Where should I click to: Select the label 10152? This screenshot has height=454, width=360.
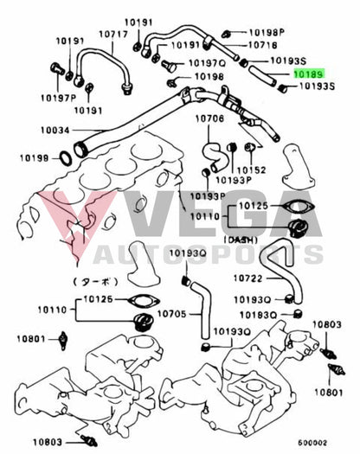coord(252,169)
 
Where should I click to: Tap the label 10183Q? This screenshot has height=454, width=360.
coord(257,316)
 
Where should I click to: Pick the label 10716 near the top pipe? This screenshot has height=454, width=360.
coord(262,44)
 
